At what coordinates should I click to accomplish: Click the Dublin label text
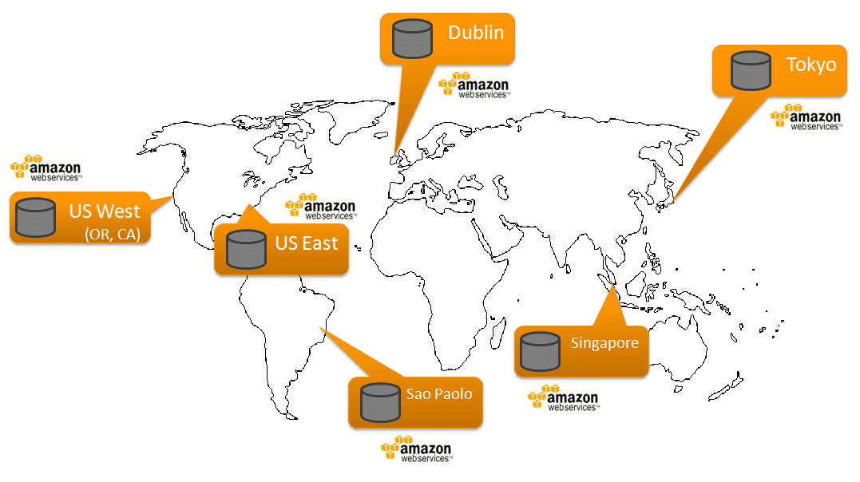click(x=476, y=33)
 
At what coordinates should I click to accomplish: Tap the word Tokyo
click(x=810, y=65)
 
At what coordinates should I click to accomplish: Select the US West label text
click(x=104, y=211)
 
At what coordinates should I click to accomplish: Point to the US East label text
click(x=307, y=243)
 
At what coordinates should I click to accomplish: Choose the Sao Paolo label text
click(x=438, y=394)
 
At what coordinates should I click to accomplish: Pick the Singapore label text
click(x=604, y=343)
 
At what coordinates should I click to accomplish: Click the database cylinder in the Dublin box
click(x=412, y=38)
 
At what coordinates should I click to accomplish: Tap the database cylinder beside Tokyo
click(x=751, y=70)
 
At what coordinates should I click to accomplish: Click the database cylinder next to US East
click(x=245, y=249)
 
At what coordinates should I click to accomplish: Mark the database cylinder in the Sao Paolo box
click(x=379, y=402)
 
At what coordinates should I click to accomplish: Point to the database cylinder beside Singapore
click(x=540, y=351)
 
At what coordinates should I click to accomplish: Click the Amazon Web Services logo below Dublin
click(x=474, y=85)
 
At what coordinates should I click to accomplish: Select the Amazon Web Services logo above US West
click(x=46, y=168)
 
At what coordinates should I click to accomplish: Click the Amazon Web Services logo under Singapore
click(x=563, y=397)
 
